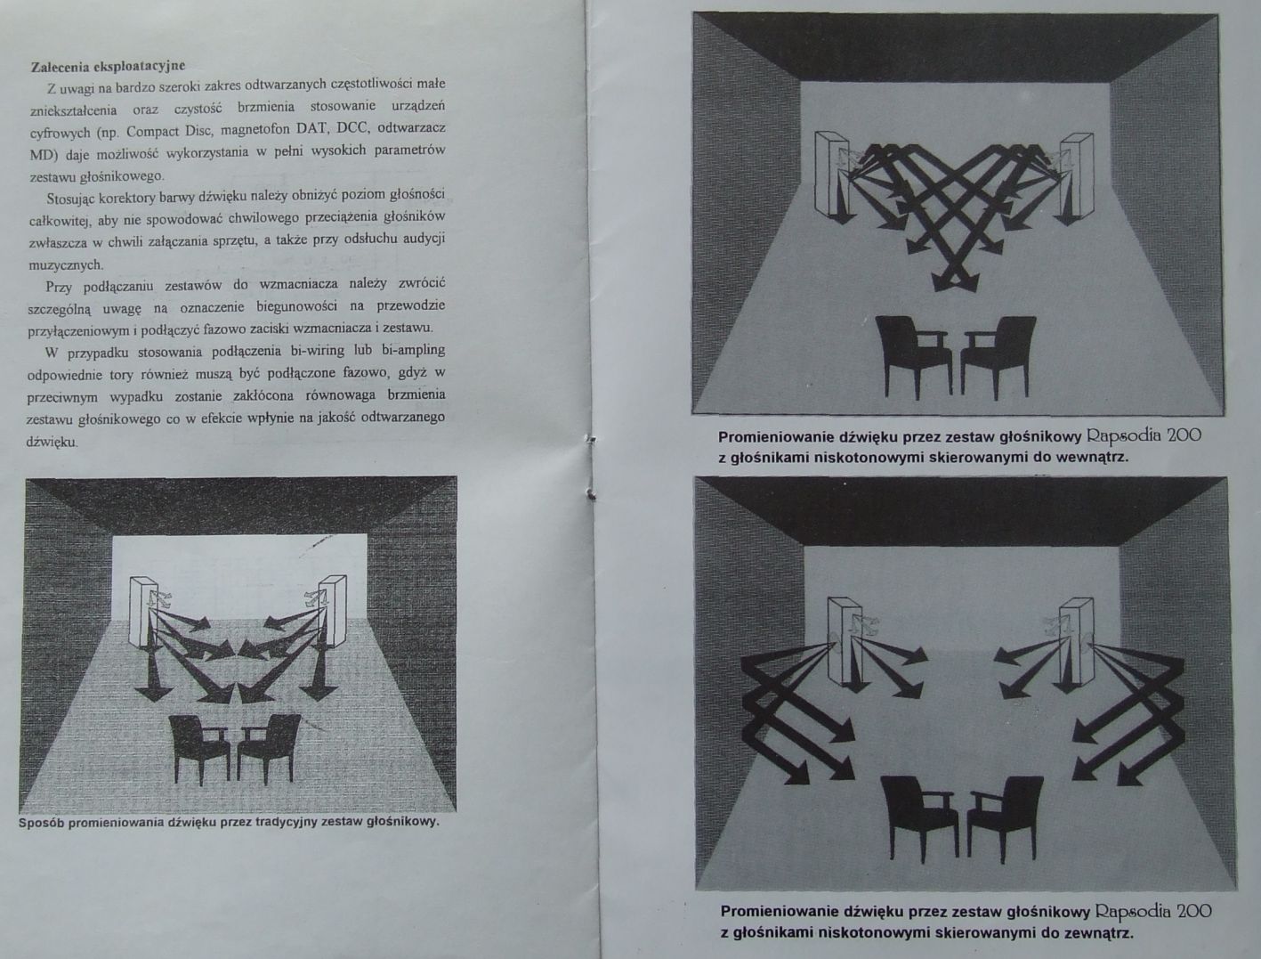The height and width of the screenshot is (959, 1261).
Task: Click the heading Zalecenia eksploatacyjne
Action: pyautogui.click(x=108, y=66)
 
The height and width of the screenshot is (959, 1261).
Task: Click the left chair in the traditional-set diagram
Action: pyautogui.click(x=203, y=749)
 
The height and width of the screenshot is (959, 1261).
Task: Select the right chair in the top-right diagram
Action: pyautogui.click(x=999, y=356)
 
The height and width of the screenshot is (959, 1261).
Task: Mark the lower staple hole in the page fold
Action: pyautogui.click(x=591, y=493)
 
